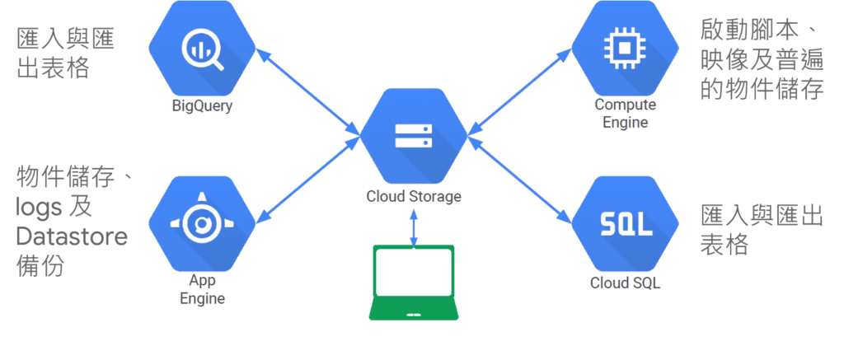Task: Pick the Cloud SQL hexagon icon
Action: (625, 223)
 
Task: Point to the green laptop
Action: (413, 281)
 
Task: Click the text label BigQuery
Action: (202, 105)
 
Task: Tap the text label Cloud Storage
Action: (414, 197)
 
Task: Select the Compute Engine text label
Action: (625, 114)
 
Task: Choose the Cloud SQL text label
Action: (625, 283)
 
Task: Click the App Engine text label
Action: (202, 289)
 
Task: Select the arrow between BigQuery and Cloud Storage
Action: (307, 91)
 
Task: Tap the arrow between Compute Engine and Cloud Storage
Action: (520, 91)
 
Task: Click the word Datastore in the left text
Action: (73, 236)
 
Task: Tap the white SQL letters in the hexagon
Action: (625, 223)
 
